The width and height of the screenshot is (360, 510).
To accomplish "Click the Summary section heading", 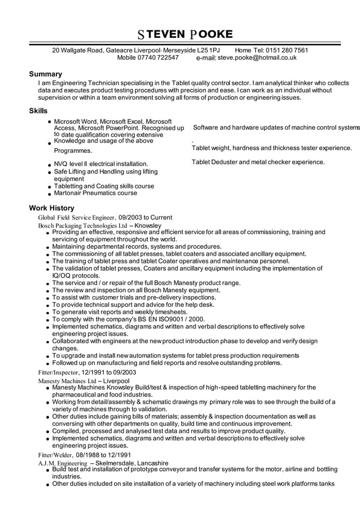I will point(46,74).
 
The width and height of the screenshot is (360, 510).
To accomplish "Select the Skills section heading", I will point(38,111).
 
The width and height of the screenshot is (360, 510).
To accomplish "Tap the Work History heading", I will point(52,208).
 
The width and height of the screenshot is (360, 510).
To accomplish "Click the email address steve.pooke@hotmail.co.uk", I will point(257,58).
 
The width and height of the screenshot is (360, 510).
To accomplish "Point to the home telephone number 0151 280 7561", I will point(287,50).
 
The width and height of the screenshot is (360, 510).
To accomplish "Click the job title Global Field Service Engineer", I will point(76,217).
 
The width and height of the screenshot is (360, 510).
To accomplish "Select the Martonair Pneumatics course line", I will point(95,193).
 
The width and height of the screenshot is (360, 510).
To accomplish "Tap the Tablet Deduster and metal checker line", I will point(258,162).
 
